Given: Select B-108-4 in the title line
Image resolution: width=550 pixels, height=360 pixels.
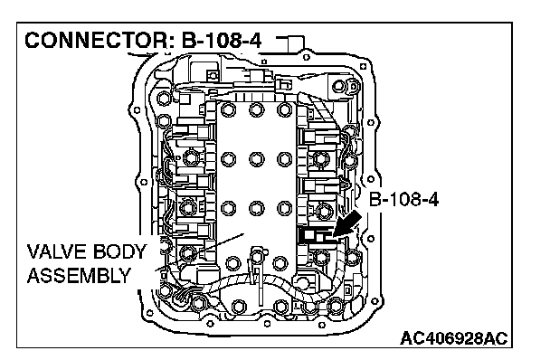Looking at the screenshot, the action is (222, 41).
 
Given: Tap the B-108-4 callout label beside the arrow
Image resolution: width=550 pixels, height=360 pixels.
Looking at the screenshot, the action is (403, 200).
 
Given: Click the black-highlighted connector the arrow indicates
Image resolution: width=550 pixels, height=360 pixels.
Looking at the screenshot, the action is (316, 235).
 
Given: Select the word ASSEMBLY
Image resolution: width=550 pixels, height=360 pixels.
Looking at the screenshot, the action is (79, 276).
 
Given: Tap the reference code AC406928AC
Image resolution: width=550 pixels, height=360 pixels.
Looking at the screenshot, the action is (453, 338).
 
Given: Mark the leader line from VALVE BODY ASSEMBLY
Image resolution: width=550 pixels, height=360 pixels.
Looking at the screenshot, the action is (199, 251).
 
